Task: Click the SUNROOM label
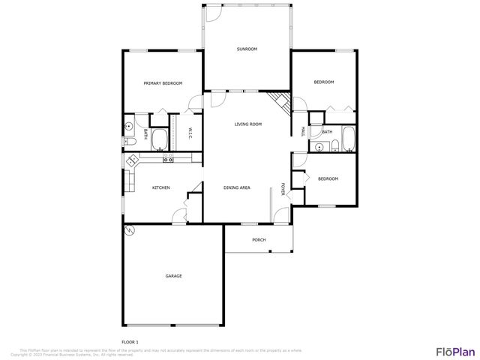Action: pyautogui.click(x=247, y=49)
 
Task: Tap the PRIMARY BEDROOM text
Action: pyautogui.click(x=163, y=83)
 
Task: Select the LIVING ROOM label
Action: pyautogui.click(x=247, y=124)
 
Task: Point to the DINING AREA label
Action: pyautogui.click(x=237, y=187)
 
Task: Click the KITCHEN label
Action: pyautogui.click(x=161, y=187)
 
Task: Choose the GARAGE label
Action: pyautogui.click(x=173, y=276)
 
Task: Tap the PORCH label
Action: pyautogui.click(x=259, y=240)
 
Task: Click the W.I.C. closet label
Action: pyautogui.click(x=190, y=133)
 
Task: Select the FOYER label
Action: pyautogui.click(x=283, y=188)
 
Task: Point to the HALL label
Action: pyautogui.click(x=303, y=130)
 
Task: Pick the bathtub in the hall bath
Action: pyautogui.click(x=348, y=139)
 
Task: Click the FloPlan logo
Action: pyautogui.click(x=456, y=351)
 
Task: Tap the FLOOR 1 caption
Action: pyautogui.click(x=130, y=342)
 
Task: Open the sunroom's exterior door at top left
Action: pyautogui.click(x=213, y=11)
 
